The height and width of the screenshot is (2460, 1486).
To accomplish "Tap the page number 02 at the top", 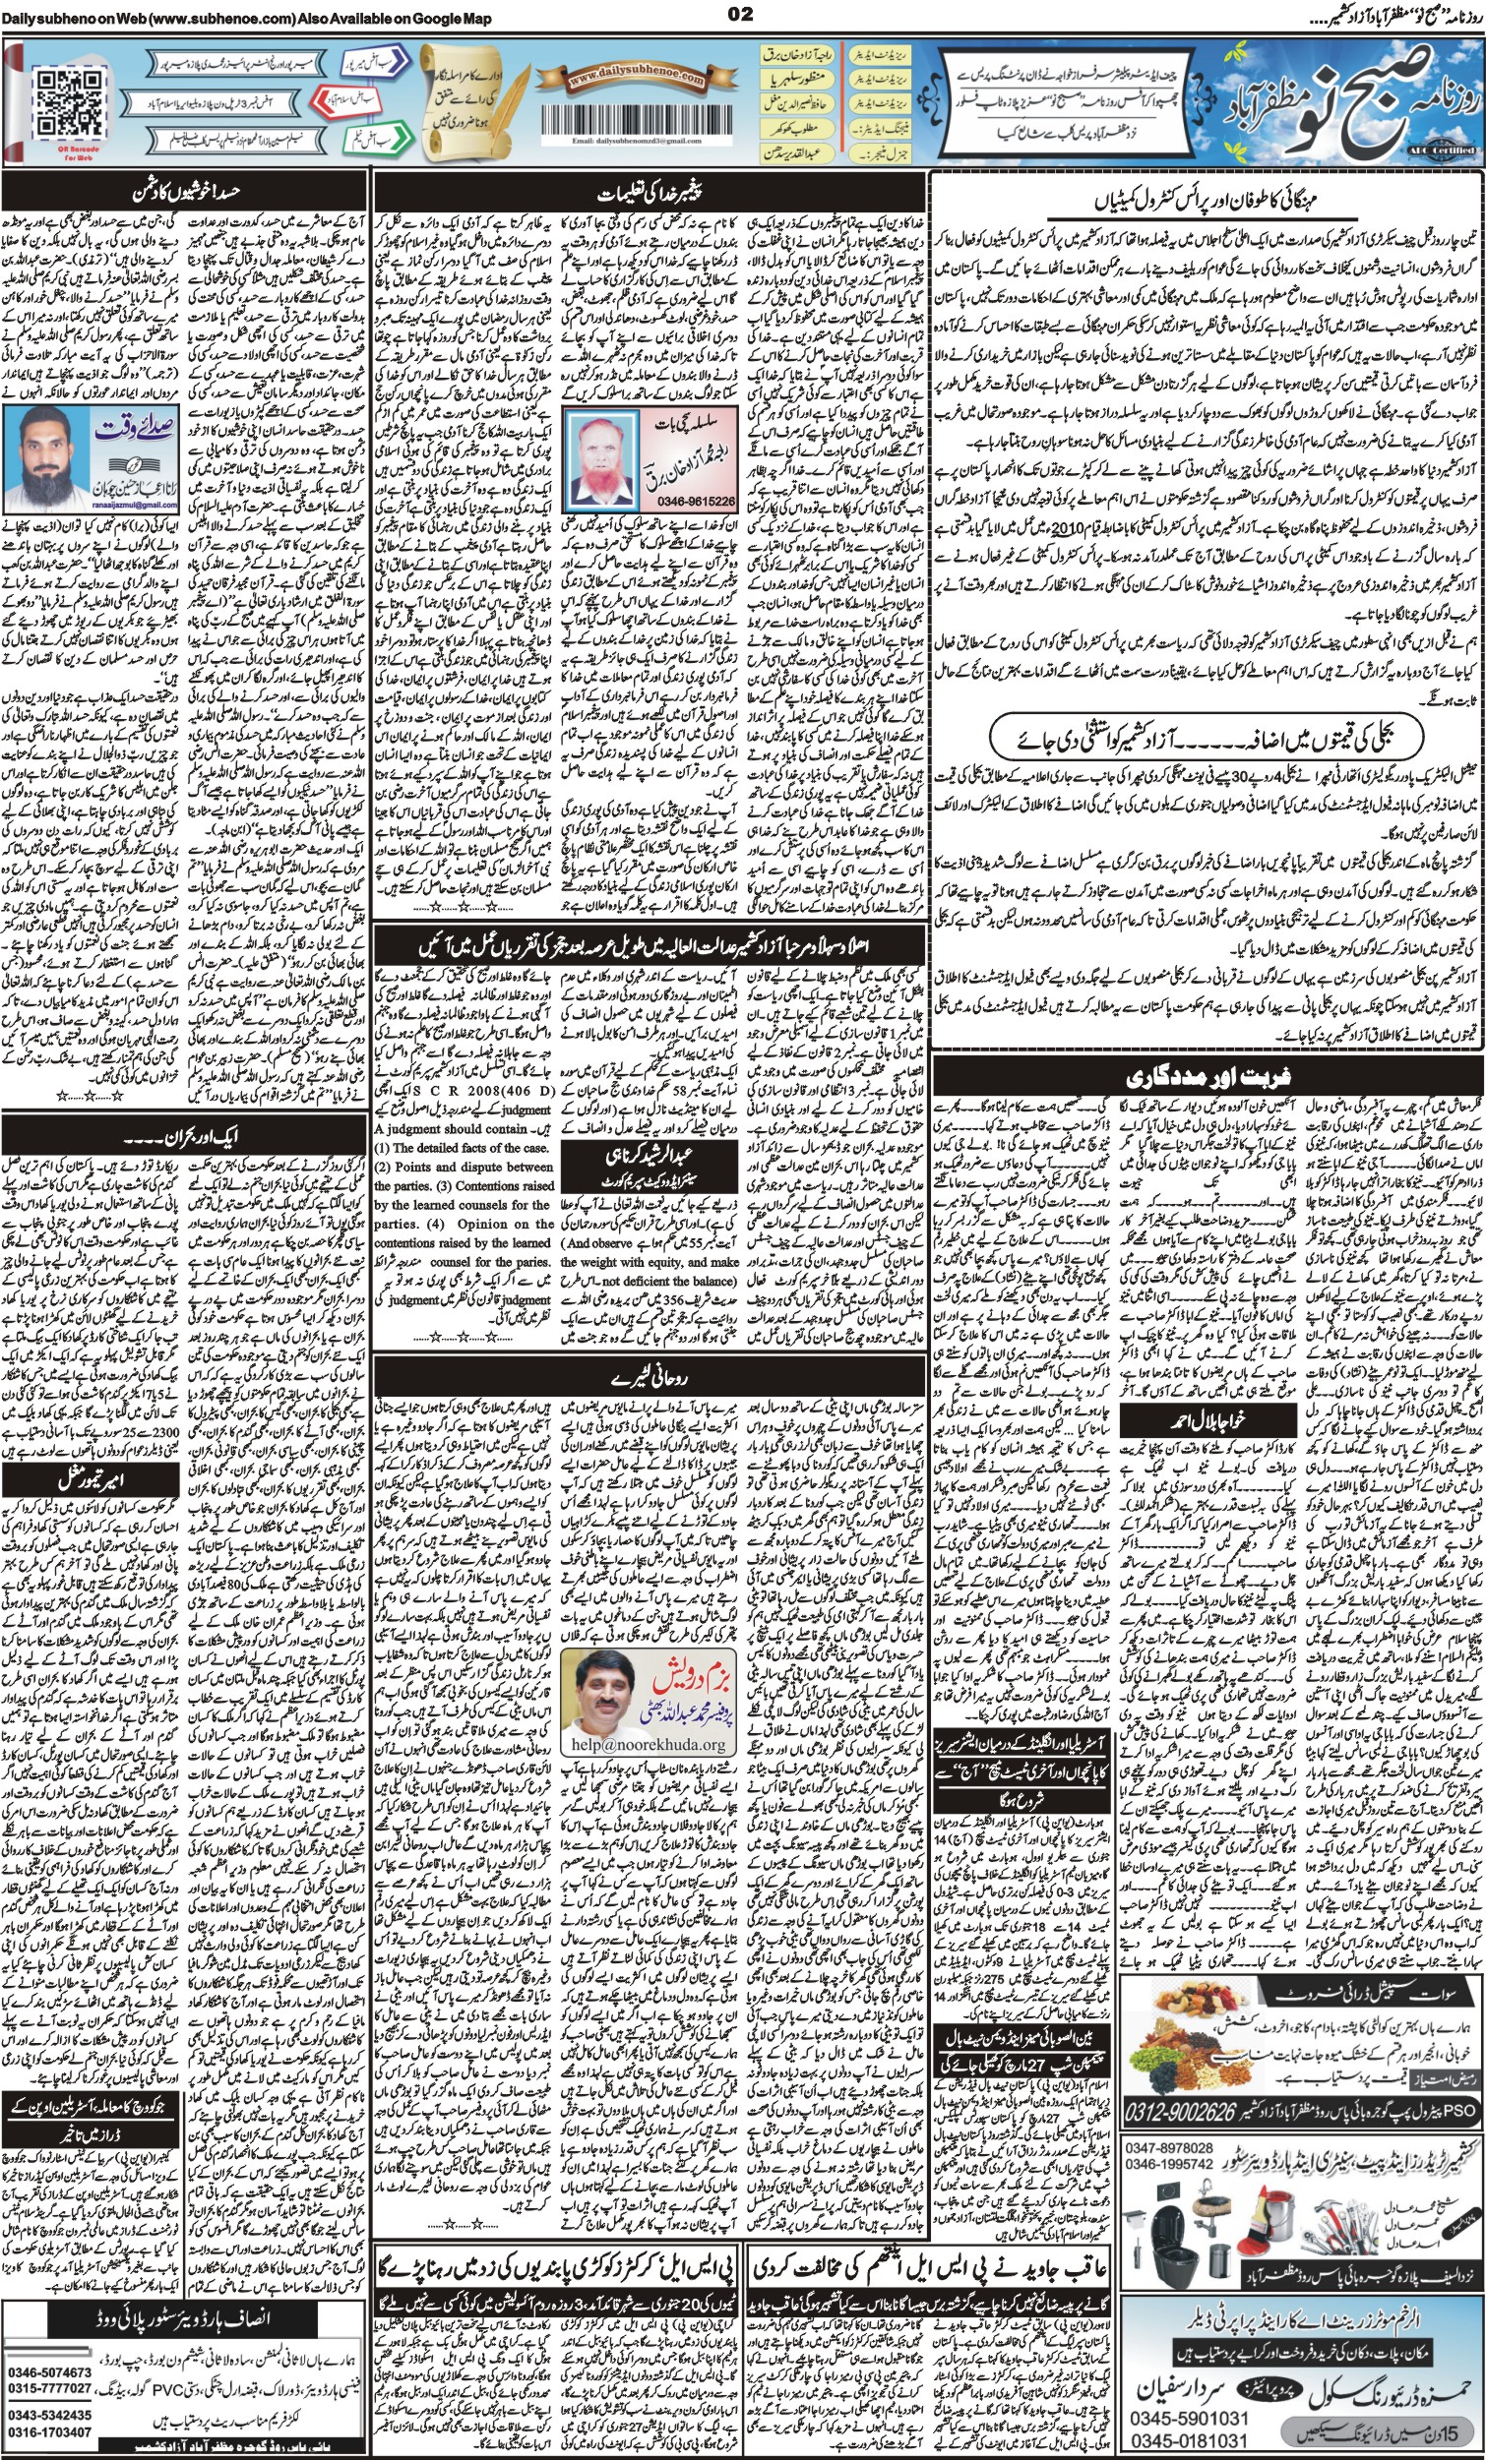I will tap(742, 13).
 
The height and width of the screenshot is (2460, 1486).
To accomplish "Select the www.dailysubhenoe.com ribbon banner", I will tap(623, 78).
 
